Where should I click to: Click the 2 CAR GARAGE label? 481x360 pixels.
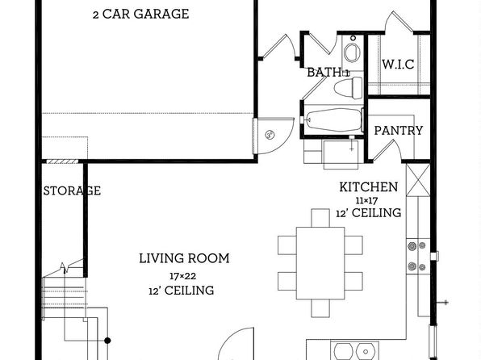click(x=140, y=14)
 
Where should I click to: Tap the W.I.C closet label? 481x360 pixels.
click(x=398, y=65)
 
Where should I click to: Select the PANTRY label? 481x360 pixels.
click(x=399, y=131)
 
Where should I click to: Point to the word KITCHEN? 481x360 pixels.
click(x=369, y=187)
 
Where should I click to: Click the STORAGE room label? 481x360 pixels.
click(x=72, y=190)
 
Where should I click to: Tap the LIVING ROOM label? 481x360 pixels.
click(x=184, y=258)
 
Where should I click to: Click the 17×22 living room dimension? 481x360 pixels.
click(x=183, y=276)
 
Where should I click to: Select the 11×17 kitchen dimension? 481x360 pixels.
click(x=366, y=201)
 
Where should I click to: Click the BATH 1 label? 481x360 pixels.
click(x=328, y=73)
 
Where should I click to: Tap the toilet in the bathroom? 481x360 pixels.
click(x=349, y=88)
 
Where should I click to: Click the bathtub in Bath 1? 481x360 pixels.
click(x=333, y=120)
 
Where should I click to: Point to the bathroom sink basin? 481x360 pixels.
click(x=352, y=52)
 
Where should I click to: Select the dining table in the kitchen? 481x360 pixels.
click(x=320, y=263)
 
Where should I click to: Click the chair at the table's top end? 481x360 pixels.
click(x=320, y=218)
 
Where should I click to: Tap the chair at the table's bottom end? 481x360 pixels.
click(x=320, y=308)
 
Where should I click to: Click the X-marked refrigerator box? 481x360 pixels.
click(x=418, y=180)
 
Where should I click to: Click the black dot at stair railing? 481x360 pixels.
click(x=107, y=341)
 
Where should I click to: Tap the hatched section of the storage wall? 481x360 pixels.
click(x=62, y=161)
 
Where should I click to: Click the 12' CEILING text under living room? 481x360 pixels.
click(x=182, y=291)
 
